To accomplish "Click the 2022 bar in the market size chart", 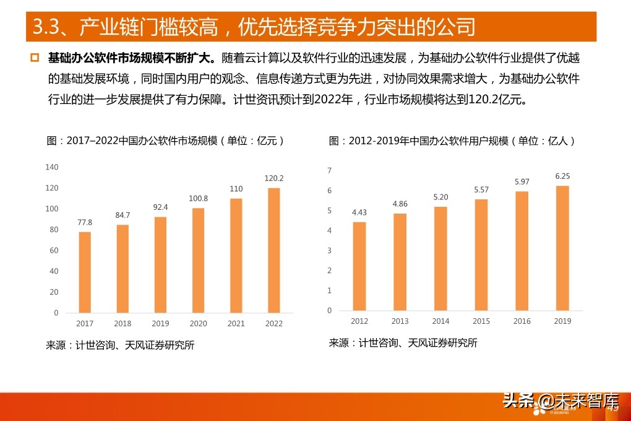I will pyautogui.click(x=273, y=250).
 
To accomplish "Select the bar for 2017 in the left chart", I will pyautogui.click(x=85, y=272).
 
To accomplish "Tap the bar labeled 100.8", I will pyautogui.click(x=198, y=260).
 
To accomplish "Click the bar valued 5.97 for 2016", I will pyautogui.click(x=522, y=251).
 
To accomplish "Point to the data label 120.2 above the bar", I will pyautogui.click(x=273, y=178).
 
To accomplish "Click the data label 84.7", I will pyautogui.click(x=122, y=215).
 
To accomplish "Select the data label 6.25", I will pyautogui.click(x=562, y=176).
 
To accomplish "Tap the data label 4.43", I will pyautogui.click(x=359, y=212).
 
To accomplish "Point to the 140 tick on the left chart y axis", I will pyautogui.click(x=52, y=167).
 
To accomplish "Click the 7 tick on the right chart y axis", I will pyautogui.click(x=329, y=170).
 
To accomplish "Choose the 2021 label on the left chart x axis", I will pyautogui.click(x=236, y=324).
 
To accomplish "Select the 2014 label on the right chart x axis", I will pyautogui.click(x=440, y=321).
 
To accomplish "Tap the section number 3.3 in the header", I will pyautogui.click(x=46, y=27).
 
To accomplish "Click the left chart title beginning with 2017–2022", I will pyautogui.click(x=166, y=141).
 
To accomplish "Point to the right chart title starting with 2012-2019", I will pyautogui.click(x=452, y=141).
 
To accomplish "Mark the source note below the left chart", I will pyautogui.click(x=120, y=345).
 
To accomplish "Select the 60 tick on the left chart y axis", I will pyautogui.click(x=54, y=250).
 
